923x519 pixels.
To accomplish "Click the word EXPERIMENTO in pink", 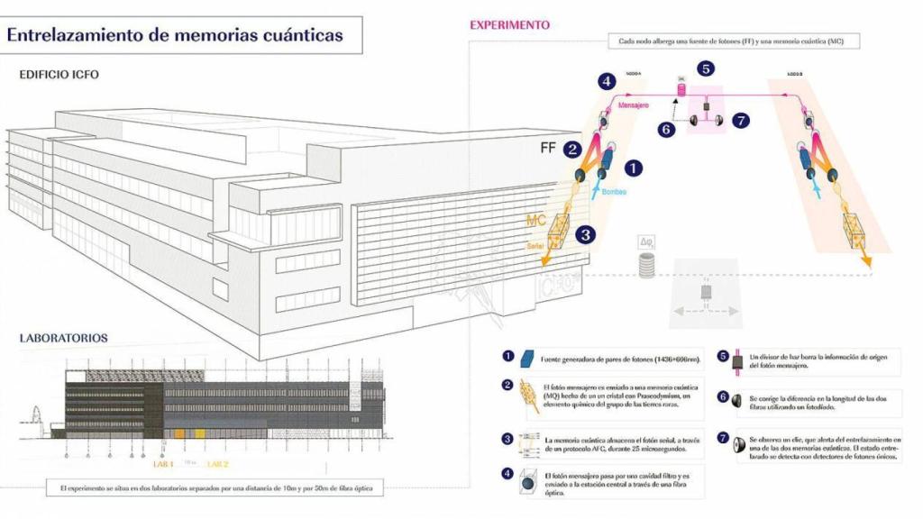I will click(x=509, y=25).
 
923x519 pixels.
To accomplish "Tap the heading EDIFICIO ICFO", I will click(x=59, y=75).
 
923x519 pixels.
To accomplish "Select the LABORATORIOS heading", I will click(x=64, y=338).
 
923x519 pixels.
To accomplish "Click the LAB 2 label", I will click(x=219, y=464).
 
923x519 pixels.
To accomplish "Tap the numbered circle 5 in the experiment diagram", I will click(x=706, y=68).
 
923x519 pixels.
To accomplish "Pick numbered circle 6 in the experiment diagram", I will click(x=666, y=129).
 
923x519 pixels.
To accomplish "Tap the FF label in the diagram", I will click(x=547, y=149).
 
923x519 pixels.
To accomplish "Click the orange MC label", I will click(x=536, y=219).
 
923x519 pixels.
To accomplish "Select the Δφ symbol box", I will click(x=644, y=241).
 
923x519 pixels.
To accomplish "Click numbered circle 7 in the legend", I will click(x=723, y=439).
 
